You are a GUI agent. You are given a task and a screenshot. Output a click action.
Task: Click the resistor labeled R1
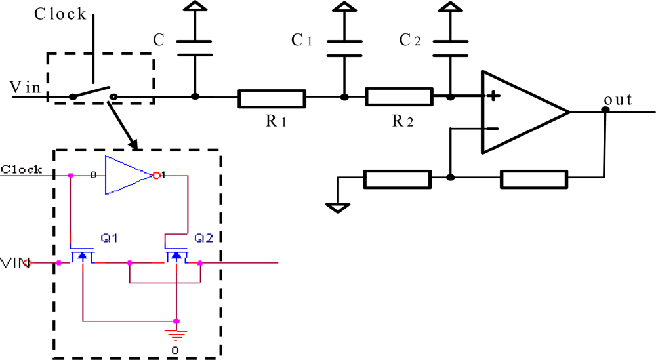272,98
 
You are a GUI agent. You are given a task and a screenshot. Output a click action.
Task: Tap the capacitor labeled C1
343,49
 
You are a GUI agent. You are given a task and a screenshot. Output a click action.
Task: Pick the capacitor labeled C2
450,49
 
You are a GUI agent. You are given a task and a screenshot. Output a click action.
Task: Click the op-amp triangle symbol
522,112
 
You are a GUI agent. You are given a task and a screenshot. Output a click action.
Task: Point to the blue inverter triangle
128,176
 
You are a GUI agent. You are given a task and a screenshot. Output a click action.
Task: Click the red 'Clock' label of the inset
21,169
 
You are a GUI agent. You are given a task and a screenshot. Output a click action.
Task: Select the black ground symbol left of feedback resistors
338,207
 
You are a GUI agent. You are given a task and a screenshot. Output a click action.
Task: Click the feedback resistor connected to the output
533,178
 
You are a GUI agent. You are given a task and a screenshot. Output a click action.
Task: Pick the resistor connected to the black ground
397,178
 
